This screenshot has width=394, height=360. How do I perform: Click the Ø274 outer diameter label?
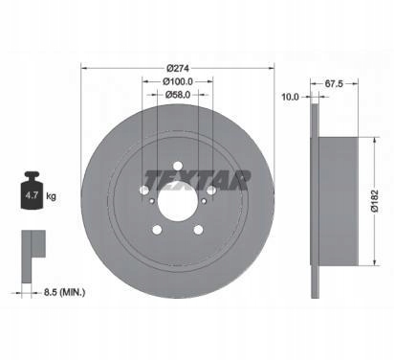point(178,68)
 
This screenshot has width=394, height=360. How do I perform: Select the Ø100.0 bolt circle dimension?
point(178,81)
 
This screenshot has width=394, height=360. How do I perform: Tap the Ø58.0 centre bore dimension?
point(178,95)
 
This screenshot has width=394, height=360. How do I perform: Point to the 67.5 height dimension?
point(334,84)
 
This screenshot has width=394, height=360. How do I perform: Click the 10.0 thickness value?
point(290,97)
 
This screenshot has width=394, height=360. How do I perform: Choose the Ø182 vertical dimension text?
point(374,201)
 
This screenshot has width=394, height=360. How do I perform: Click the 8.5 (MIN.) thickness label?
point(64,292)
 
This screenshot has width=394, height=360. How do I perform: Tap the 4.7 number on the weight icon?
point(32,195)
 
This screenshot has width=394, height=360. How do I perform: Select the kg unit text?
point(51,196)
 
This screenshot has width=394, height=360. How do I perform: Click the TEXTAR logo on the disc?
point(198,180)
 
